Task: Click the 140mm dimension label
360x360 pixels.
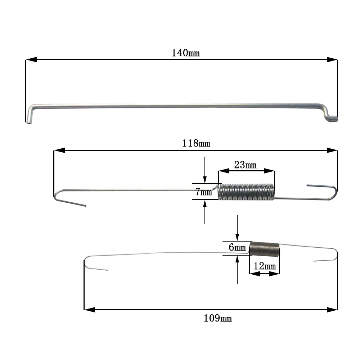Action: pyautogui.click(x=185, y=53)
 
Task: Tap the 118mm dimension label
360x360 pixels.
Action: pyautogui.click(x=196, y=144)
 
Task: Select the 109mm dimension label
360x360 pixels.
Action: pyautogui.click(x=218, y=318)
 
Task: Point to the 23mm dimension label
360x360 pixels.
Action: pyautogui.click(x=245, y=165)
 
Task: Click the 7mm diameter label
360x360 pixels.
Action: pyautogui.click(x=204, y=192)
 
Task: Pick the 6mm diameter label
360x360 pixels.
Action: pyautogui.click(x=237, y=247)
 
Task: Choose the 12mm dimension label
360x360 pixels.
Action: pyautogui.click(x=265, y=266)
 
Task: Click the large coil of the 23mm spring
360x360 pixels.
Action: pyautogui.click(x=246, y=192)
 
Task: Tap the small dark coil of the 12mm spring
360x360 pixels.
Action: pyautogui.click(x=265, y=249)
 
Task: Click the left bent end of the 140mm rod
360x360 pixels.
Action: pyautogui.click(x=30, y=114)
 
